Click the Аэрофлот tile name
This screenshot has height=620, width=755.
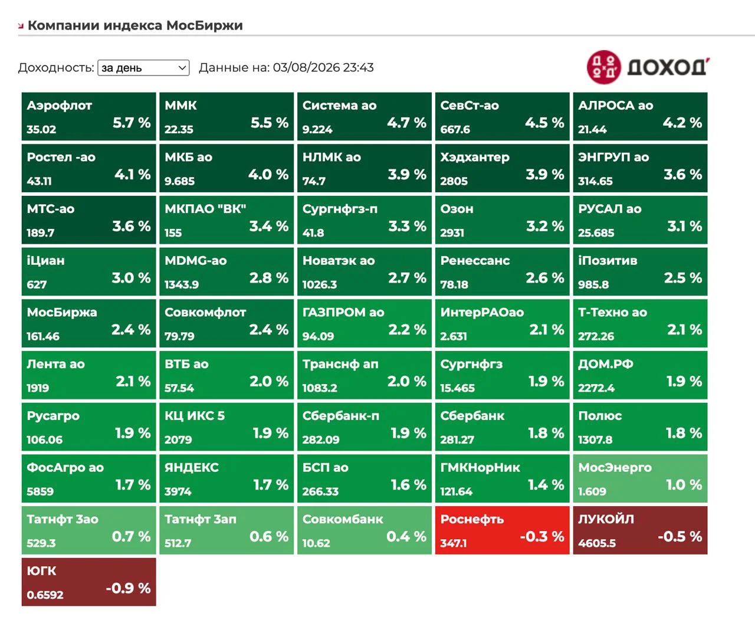pyautogui.click(x=60, y=106)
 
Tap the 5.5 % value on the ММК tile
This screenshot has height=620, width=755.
pyautogui.click(x=269, y=123)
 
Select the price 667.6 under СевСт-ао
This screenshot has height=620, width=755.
pyautogui.click(x=455, y=129)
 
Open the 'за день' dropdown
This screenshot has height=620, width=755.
pyautogui.click(x=143, y=68)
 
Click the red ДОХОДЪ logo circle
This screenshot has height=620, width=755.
pyautogui.click(x=603, y=67)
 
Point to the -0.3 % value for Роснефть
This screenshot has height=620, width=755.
pyautogui.click(x=542, y=537)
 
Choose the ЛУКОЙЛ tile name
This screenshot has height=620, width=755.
pyautogui.click(x=606, y=519)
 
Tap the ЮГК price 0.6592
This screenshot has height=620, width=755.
pyautogui.click(x=45, y=595)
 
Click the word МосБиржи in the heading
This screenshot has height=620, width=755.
pyautogui.click(x=205, y=25)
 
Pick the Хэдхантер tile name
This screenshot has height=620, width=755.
pyautogui.click(x=475, y=158)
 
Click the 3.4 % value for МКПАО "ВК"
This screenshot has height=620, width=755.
pyautogui.click(x=269, y=227)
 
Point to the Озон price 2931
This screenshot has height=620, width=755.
pyautogui.click(x=452, y=232)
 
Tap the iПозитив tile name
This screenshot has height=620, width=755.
pyautogui.click(x=608, y=261)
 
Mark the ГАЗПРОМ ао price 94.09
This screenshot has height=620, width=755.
pyautogui.click(x=319, y=336)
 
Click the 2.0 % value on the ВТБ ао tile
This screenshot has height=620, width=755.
pyautogui.click(x=269, y=381)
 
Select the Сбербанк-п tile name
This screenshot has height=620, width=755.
pyautogui.click(x=341, y=416)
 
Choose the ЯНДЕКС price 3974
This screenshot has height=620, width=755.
pyautogui.click(x=178, y=491)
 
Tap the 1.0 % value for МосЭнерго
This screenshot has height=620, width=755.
pyautogui.click(x=684, y=485)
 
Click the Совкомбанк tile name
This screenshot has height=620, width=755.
pyautogui.click(x=343, y=519)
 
